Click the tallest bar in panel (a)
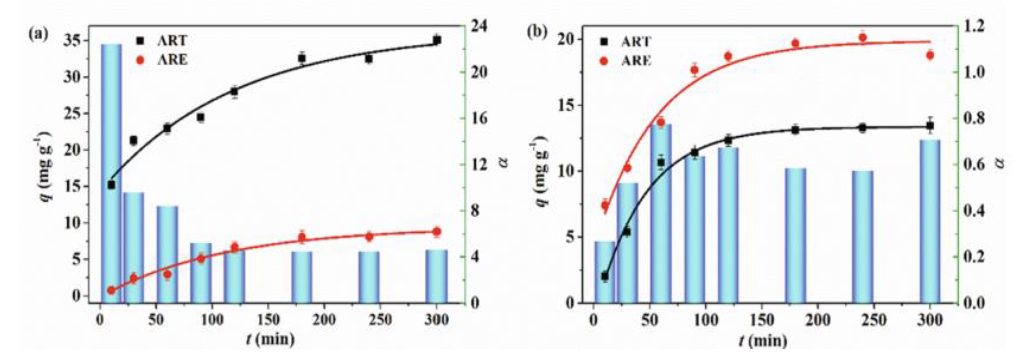111,173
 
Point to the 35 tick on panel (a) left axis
74,41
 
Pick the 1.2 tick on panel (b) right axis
971,26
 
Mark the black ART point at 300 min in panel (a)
436,40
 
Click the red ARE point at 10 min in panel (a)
111,290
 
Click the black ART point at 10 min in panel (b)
605,276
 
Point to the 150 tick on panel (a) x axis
268,320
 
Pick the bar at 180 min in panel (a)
302,277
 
